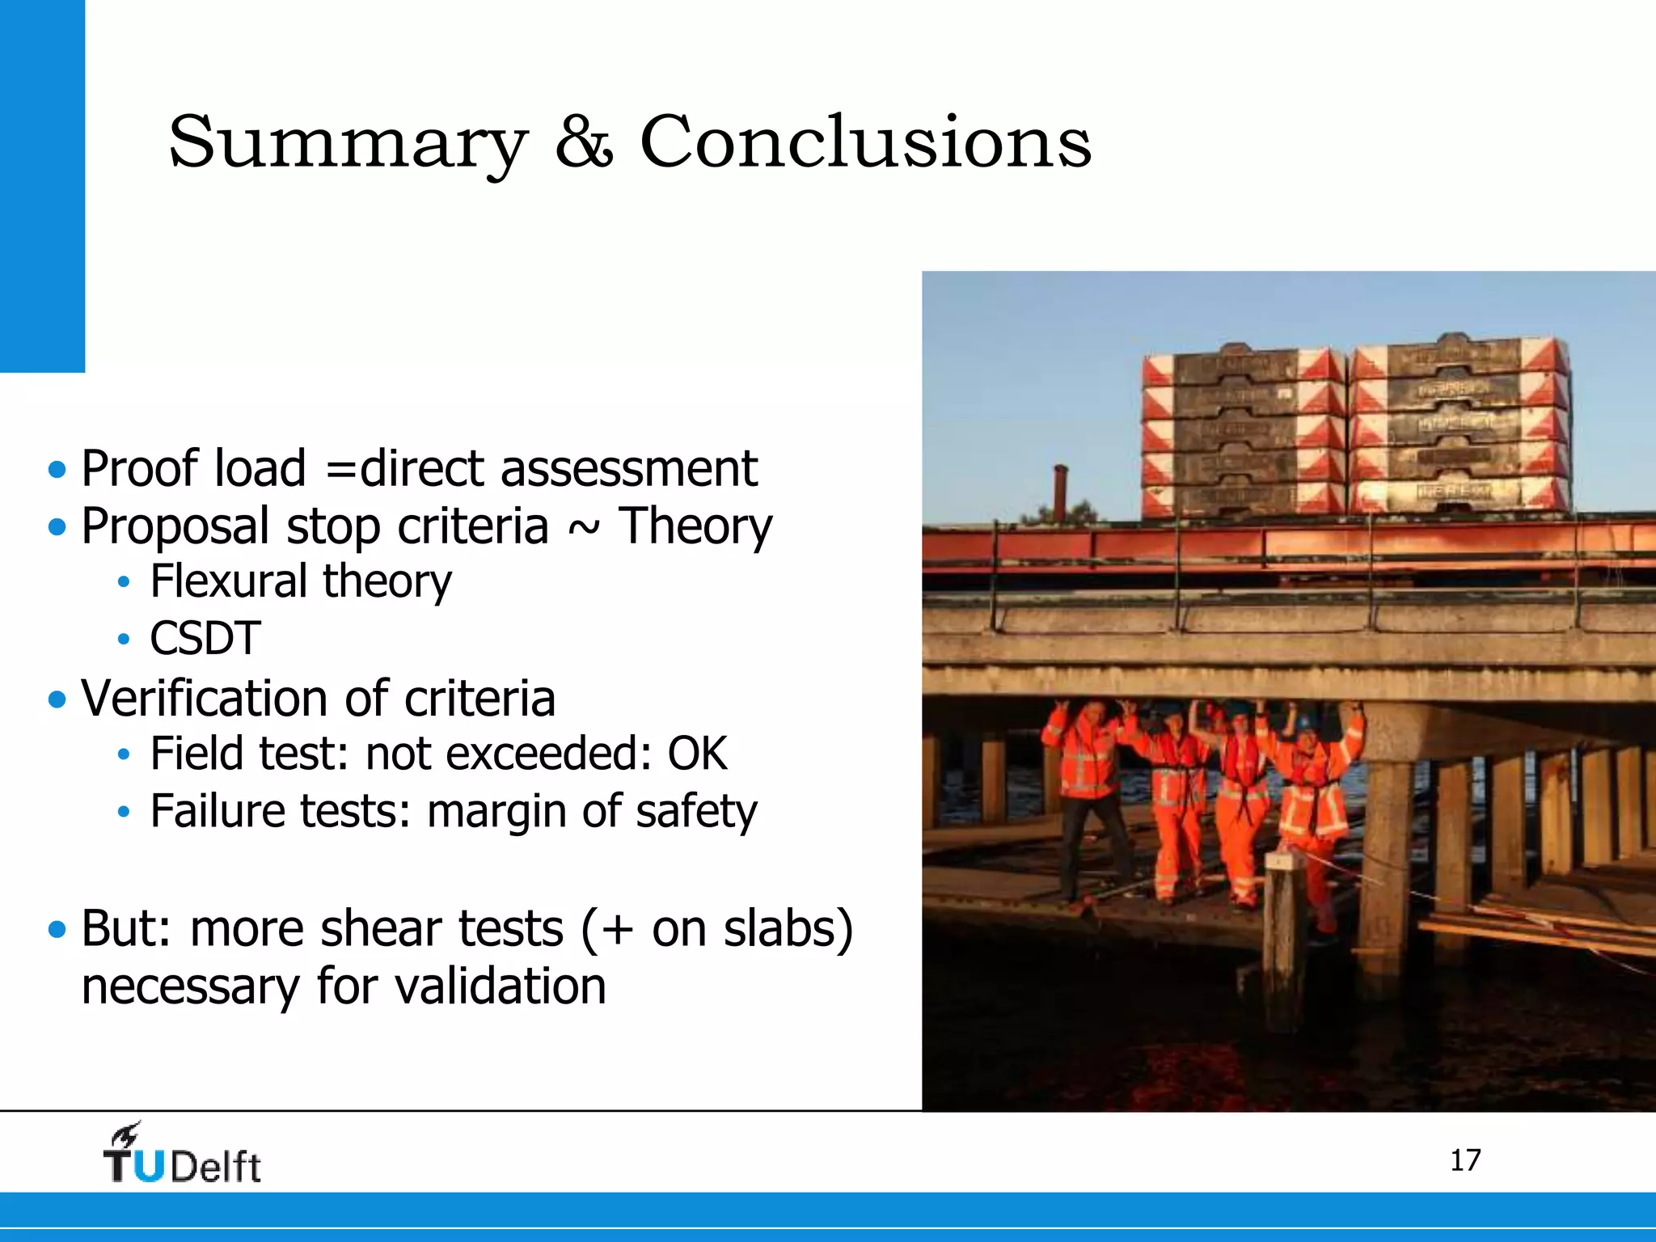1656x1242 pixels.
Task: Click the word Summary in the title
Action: click(348, 143)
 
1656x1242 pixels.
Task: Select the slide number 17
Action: click(1464, 1160)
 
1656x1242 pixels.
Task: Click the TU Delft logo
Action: click(182, 1155)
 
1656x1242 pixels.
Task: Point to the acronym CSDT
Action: click(205, 638)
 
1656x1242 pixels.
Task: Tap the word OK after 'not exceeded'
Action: click(697, 754)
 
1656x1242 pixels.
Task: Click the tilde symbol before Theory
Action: click(584, 527)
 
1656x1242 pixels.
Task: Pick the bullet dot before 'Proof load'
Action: click(57, 470)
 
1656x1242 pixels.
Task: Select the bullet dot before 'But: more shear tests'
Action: click(57, 929)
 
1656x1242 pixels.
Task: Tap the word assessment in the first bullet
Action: click(629, 469)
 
